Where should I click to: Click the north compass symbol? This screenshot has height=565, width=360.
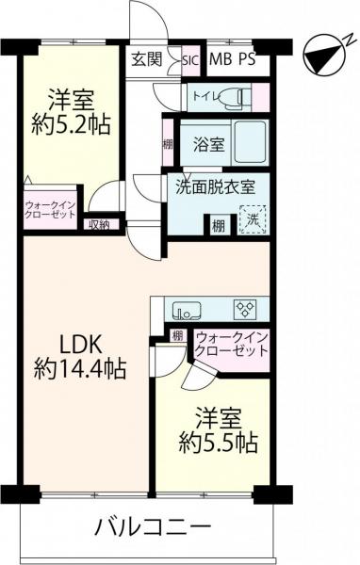coord(323,56)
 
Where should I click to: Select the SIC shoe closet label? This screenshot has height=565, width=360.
coord(190,60)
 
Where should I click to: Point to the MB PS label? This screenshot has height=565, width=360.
coord(233,59)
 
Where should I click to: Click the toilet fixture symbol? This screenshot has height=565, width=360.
coord(232,98)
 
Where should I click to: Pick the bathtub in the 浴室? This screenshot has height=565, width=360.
coord(251,142)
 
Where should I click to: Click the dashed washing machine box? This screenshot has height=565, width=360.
coord(253,219)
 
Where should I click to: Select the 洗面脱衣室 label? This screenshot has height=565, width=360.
coord(216,187)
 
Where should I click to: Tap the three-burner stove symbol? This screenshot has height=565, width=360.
coord(246,310)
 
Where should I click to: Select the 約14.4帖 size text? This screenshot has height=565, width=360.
coord(80,369)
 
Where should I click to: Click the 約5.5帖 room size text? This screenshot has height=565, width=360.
coord(219,442)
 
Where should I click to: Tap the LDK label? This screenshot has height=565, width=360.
coord(81,346)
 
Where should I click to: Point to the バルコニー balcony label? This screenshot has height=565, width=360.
coord(153,528)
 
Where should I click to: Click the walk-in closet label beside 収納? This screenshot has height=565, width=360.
coord(51,210)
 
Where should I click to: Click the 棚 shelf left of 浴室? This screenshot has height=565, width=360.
coord(168,144)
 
